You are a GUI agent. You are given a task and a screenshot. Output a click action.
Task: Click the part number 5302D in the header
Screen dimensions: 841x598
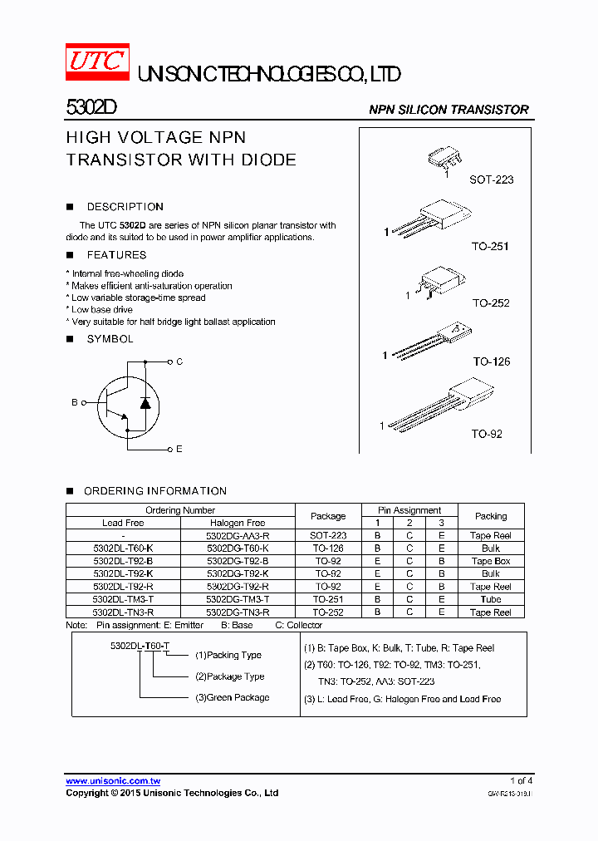(86, 109)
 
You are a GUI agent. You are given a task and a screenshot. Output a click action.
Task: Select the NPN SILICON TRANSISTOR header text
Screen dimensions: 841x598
(448, 110)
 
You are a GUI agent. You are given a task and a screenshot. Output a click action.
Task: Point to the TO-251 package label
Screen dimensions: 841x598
(489, 247)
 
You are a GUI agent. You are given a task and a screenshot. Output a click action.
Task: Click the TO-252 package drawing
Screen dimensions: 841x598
(437, 283)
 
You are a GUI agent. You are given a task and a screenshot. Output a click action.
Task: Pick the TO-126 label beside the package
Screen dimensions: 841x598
(492, 361)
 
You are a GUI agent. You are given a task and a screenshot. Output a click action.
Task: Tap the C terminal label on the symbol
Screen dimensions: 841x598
(179, 362)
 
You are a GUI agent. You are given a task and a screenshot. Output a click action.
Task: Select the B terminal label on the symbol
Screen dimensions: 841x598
(74, 402)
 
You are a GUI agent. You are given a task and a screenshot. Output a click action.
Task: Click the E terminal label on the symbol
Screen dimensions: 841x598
(179, 450)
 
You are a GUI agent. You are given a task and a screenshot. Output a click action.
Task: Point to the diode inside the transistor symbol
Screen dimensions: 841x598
(146, 402)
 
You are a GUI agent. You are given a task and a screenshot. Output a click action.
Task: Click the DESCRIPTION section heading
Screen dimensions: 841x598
(125, 207)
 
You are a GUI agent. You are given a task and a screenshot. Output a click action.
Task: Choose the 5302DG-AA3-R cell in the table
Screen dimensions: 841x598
(238, 536)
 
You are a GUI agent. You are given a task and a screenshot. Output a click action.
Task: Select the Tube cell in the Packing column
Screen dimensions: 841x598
(491, 599)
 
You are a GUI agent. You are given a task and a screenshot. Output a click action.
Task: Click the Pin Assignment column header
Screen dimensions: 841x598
(409, 510)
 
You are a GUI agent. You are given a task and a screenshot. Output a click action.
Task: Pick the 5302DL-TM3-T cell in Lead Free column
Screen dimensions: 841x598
(123, 599)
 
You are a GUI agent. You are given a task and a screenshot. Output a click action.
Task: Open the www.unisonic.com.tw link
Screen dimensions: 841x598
(113, 781)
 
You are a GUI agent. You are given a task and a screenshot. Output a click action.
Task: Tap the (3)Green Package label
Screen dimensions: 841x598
(232, 697)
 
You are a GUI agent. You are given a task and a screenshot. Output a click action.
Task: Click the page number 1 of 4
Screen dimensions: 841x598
(521, 780)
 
